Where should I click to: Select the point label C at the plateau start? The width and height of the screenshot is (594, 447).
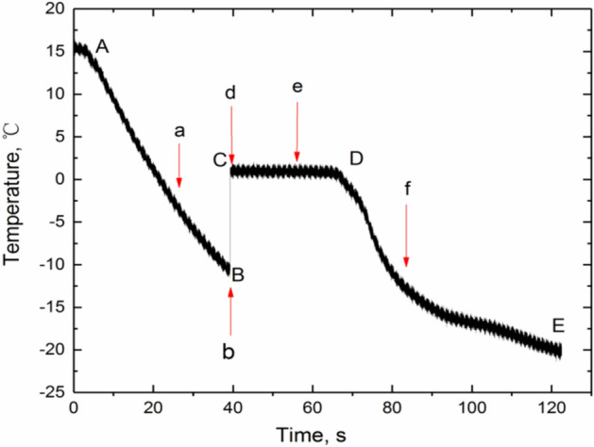point(220,160)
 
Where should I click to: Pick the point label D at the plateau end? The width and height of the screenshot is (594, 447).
point(356,157)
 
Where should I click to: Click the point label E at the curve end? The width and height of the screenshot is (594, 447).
point(558,326)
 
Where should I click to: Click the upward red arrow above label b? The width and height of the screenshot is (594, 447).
point(230,309)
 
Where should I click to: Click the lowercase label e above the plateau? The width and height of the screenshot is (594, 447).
point(297,88)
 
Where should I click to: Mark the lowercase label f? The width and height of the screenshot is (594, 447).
point(407,189)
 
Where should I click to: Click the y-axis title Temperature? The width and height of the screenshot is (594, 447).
point(13,199)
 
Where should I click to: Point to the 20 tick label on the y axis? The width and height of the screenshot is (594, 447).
point(51,8)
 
